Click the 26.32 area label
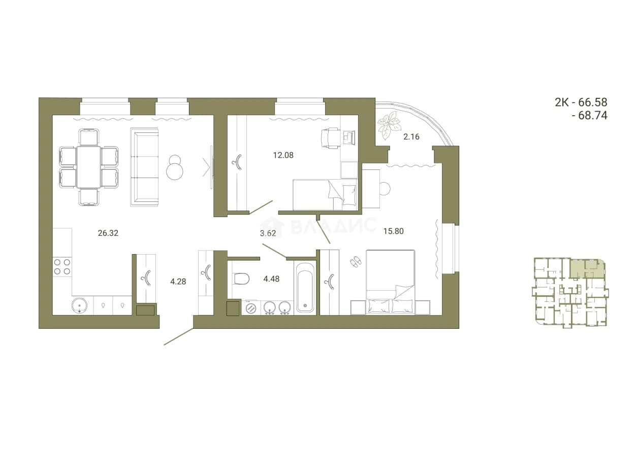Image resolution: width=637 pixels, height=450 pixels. tap(108, 233)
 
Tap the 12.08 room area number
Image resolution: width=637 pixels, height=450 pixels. tap(283, 155)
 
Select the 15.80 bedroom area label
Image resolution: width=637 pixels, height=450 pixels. tap(394, 231)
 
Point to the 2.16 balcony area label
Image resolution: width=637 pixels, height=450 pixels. tap(411, 137)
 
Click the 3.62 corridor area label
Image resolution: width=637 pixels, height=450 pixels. tap(268, 233)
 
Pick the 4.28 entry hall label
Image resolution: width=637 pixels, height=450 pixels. tap(178, 282)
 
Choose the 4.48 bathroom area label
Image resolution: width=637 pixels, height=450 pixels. tap(272, 279)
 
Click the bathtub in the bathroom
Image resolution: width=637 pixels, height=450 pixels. tap(305, 288)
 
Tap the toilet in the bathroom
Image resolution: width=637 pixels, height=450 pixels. tap(241, 279)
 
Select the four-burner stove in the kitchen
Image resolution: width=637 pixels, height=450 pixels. tap(62, 266)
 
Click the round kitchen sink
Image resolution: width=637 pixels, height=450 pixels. tap(80, 306)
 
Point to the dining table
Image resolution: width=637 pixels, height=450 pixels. tap(88, 167)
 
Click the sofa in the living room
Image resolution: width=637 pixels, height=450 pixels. tap(144, 167)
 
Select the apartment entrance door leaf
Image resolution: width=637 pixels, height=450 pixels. tap(179, 337)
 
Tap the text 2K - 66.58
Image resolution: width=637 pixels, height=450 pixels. tap(581, 102)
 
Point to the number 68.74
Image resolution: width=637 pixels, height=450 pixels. tap(593, 115)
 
